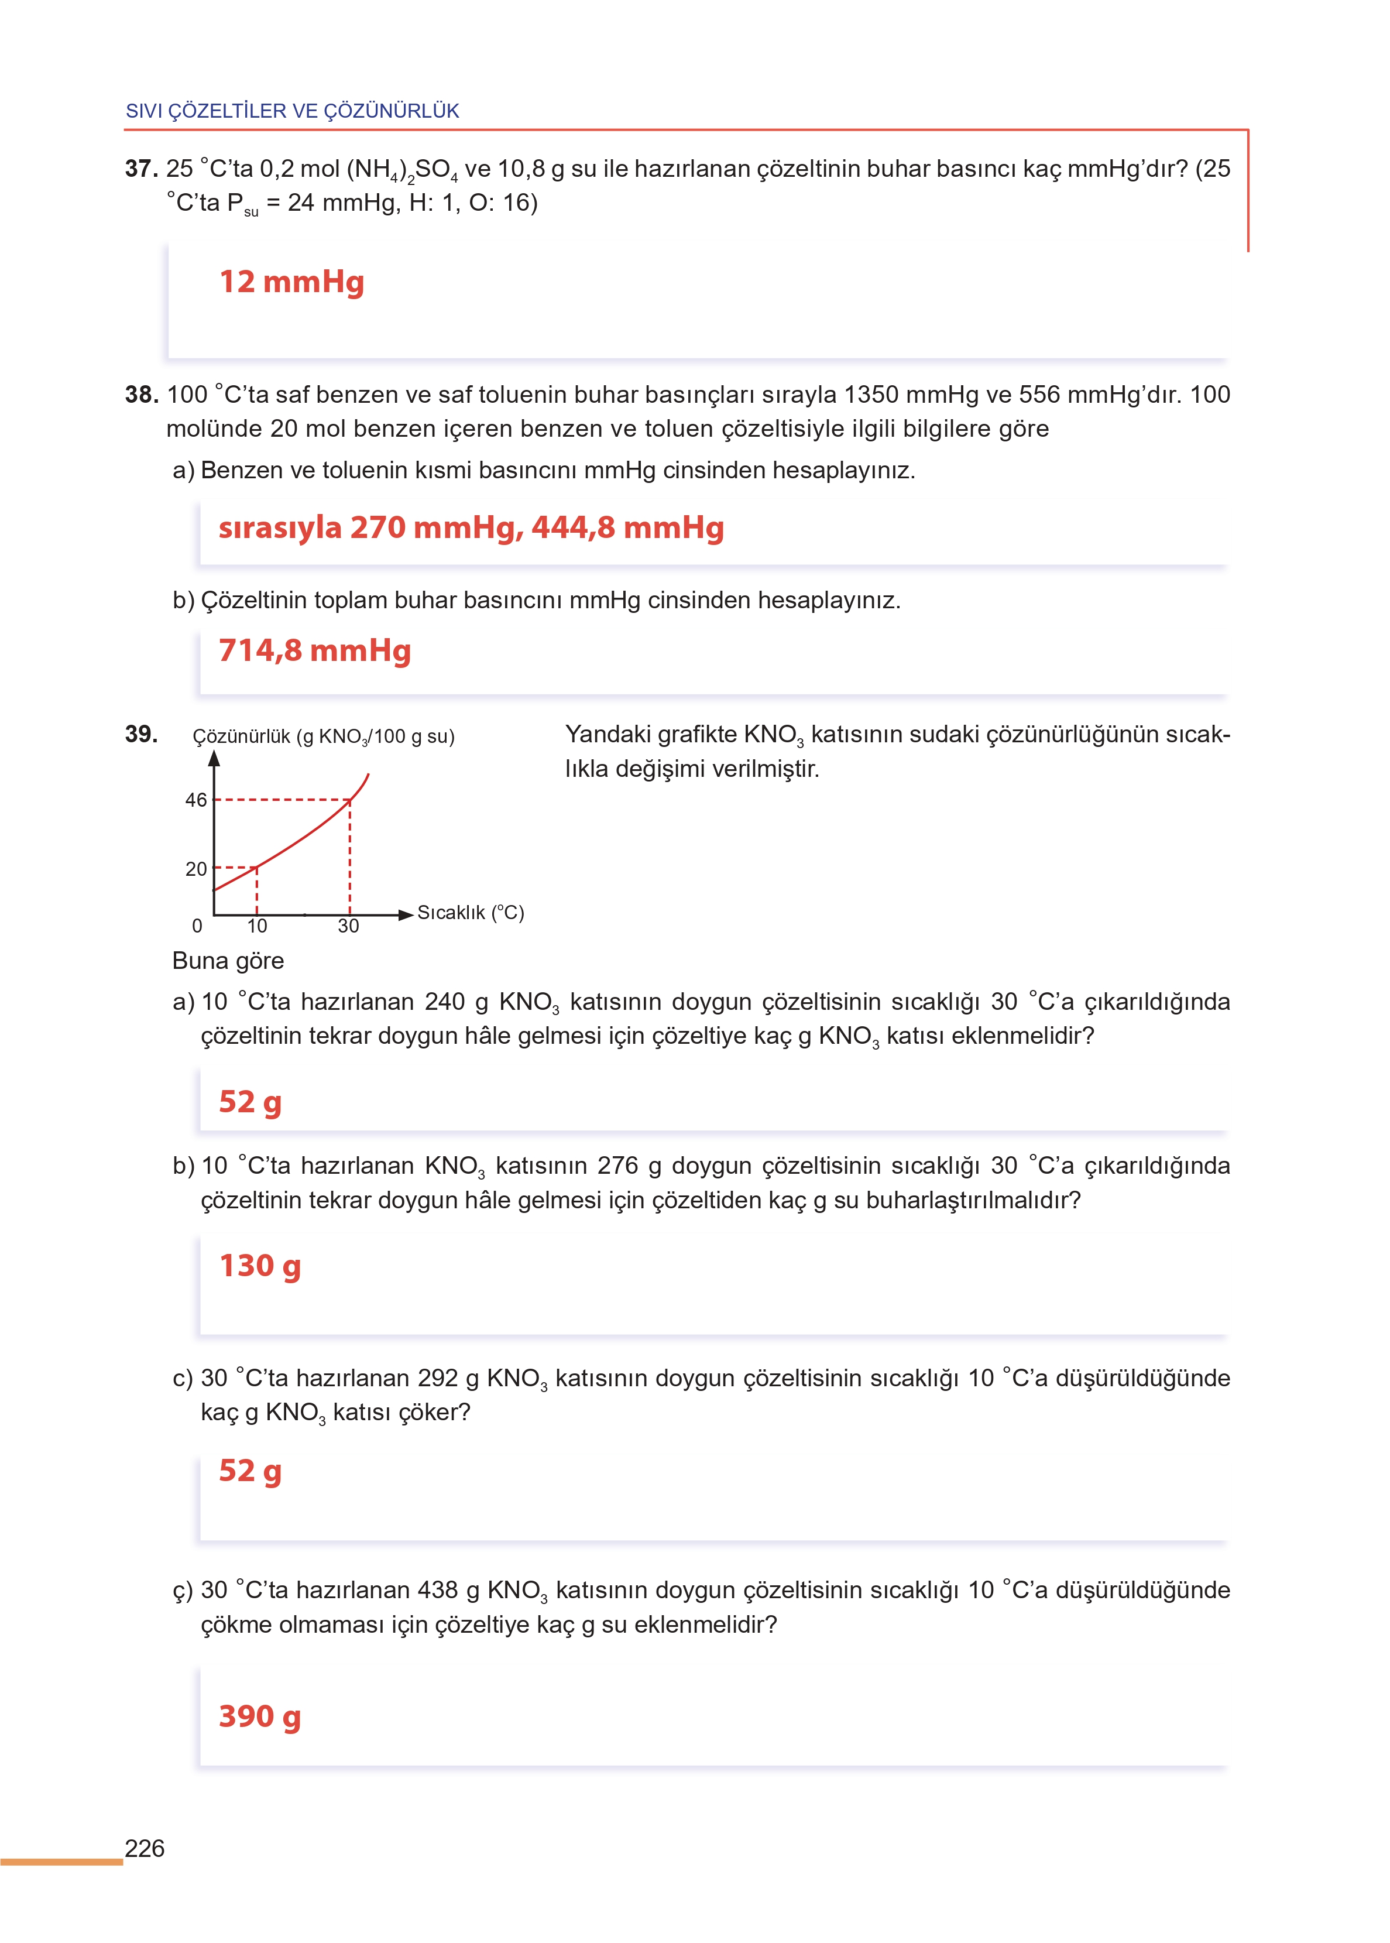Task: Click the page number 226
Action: [145, 1848]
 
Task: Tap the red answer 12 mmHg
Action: [292, 282]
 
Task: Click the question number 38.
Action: [141, 395]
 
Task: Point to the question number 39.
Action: [141, 734]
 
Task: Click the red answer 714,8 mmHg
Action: [315, 650]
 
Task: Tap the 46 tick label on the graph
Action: [196, 800]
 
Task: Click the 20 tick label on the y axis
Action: [196, 869]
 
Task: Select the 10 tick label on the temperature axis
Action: [257, 926]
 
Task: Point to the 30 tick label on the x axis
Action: [348, 926]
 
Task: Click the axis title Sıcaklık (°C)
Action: [471, 913]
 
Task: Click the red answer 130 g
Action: [260, 1265]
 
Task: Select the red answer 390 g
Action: [260, 1716]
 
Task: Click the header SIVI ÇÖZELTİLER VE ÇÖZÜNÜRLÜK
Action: [293, 111]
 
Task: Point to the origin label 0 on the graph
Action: [197, 926]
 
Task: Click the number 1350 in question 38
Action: [870, 395]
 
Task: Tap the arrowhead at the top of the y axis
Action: [214, 758]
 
